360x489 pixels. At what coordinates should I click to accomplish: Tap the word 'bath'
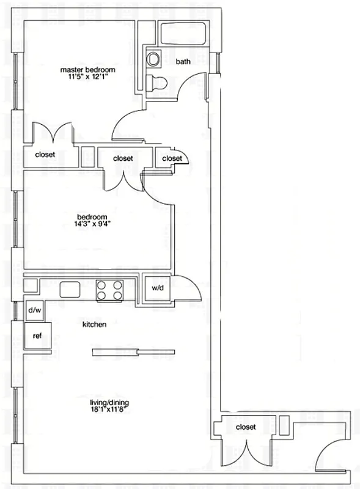pos(183,62)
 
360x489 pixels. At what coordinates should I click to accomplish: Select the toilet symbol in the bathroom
pos(157,83)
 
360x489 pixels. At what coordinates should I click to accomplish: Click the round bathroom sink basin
pos(153,59)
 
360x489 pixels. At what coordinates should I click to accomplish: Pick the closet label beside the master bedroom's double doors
pos(45,155)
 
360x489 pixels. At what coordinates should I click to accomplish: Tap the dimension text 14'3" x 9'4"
pos(92,224)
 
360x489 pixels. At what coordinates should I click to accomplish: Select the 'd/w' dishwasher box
pos(35,311)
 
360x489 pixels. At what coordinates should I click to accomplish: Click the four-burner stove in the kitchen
pos(109,290)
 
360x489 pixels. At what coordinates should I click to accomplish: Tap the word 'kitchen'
pos(95,325)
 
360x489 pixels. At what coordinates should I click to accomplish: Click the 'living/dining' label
pos(109,403)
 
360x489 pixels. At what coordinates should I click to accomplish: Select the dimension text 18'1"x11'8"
pos(109,411)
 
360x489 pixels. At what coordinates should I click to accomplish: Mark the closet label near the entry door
pos(245,427)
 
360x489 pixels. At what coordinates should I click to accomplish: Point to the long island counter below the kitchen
pos(133,351)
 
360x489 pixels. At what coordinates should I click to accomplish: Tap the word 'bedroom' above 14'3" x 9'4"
pos(92,217)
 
